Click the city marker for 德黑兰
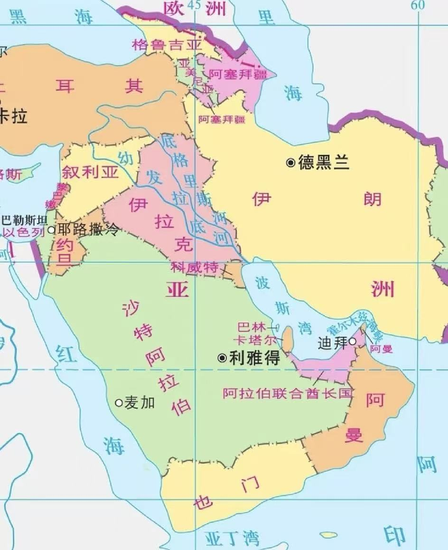[x=290, y=163]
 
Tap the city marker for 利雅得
[x=222, y=358]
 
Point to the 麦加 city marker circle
[x=119, y=403]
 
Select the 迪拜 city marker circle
[x=352, y=341]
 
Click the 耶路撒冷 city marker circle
[x=52, y=230]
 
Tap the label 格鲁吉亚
[x=167, y=45]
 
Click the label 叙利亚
[x=90, y=172]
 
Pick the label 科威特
[x=195, y=268]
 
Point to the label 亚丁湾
[x=233, y=539]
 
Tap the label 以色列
[x=23, y=232]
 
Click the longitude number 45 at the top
[x=194, y=5]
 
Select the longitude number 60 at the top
[x=417, y=5]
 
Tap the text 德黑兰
[x=324, y=163]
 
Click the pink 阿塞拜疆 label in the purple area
[x=238, y=75]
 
